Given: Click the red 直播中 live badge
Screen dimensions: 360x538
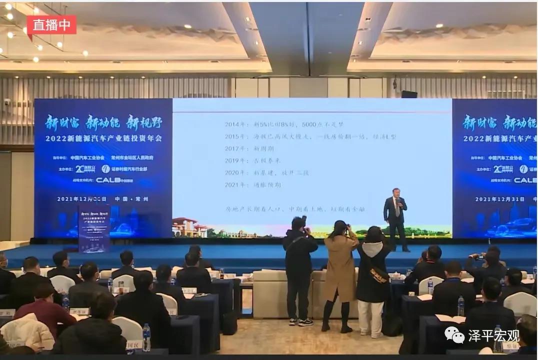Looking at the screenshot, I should click(51, 25).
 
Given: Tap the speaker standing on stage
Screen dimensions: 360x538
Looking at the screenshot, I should click(395, 218).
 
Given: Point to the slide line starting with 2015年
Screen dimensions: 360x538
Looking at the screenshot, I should click(310, 136).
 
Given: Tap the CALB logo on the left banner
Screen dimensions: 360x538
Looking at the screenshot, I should click(115, 180).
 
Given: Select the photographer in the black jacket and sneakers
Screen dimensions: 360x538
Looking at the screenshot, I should click(299, 270).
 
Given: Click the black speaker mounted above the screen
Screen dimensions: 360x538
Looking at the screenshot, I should click(409, 94).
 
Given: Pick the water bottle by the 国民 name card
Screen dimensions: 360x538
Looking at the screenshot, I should click(146, 337).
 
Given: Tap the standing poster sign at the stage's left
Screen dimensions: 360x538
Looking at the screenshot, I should click(94, 227).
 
